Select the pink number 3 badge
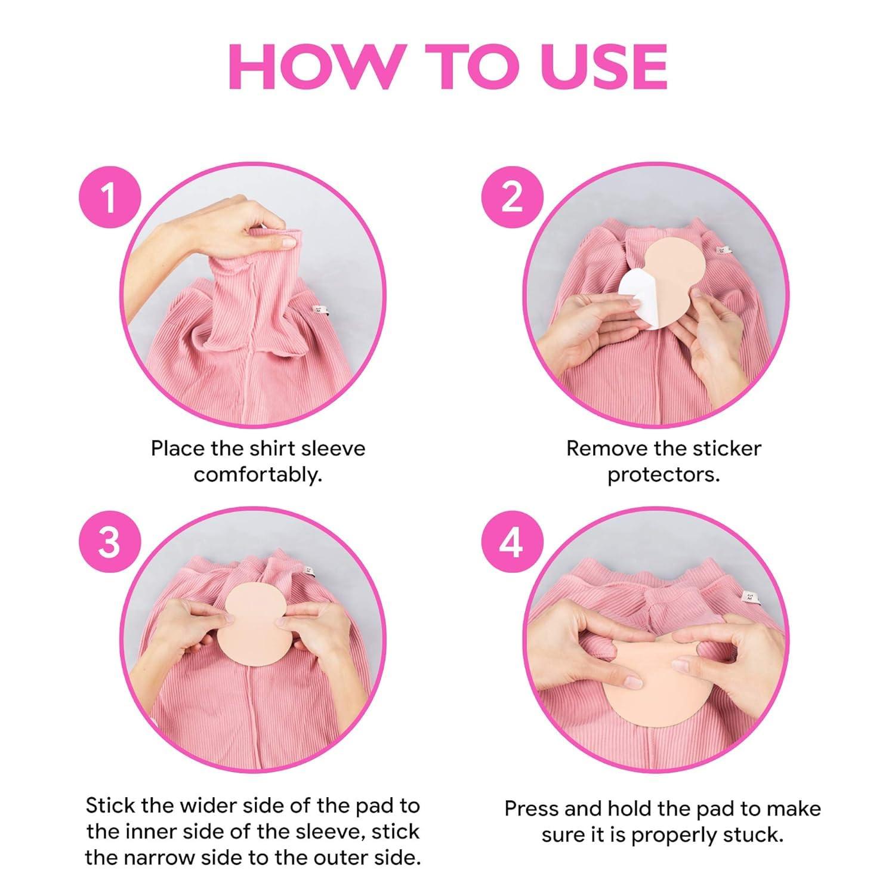click(109, 543)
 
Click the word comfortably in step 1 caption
click(258, 476)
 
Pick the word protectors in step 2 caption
click(663, 476)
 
